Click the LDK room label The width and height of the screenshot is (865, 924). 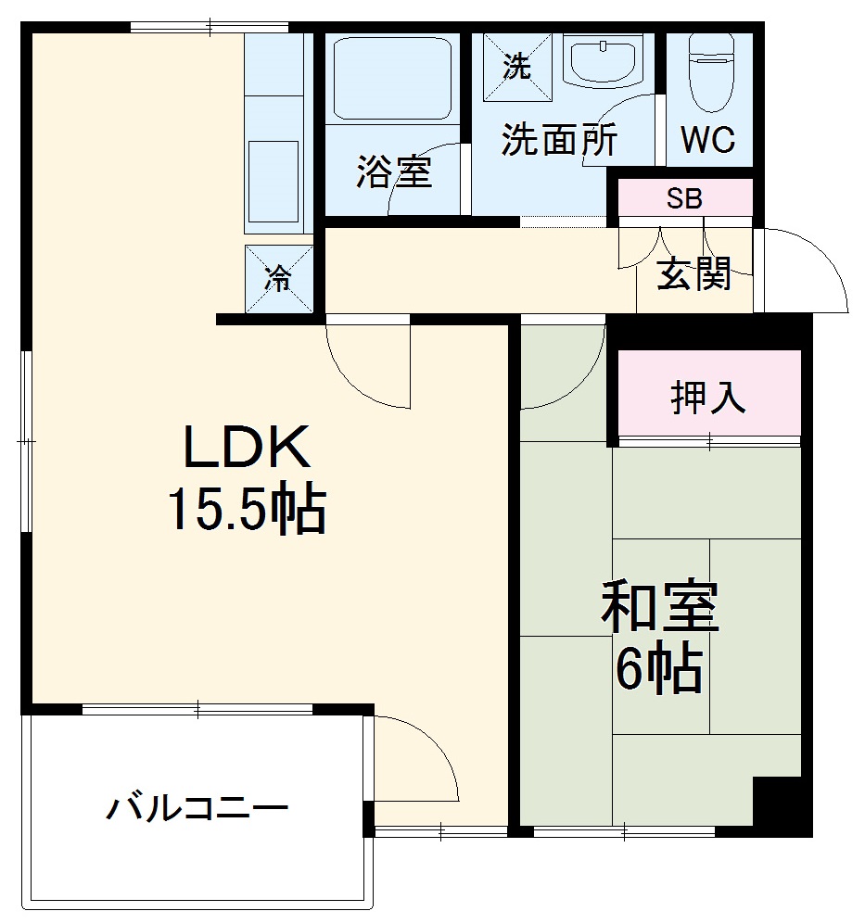246,449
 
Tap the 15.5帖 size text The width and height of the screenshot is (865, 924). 246,509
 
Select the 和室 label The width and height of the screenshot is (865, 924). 659,607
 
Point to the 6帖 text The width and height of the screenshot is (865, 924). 659,668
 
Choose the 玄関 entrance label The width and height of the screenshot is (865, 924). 694,274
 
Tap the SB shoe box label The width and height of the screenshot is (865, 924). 685,198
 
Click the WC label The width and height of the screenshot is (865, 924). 708,141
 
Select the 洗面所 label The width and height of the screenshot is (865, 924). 559,140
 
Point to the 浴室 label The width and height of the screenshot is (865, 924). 394,171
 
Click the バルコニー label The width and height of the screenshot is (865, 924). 197,808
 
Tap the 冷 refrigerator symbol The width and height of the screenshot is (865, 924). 278,278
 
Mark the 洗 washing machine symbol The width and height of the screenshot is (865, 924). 516,66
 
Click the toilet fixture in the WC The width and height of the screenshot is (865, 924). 711,72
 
